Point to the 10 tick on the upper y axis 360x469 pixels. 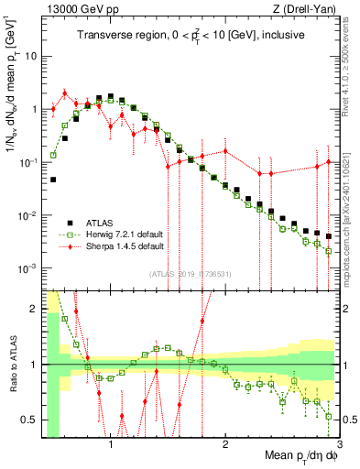tap(30, 56)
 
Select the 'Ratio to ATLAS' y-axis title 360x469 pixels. tap(10, 364)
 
